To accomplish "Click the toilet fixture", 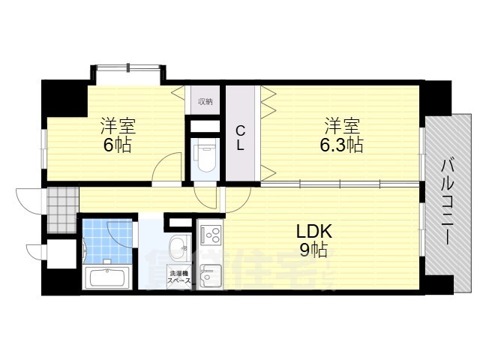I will tap(205, 157).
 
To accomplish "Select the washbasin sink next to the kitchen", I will tap(178, 247).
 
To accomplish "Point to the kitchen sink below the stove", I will tap(210, 274).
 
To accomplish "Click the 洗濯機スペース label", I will tap(179, 277).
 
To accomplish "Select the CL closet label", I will tap(241, 136).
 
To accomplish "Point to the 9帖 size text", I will tap(313, 250).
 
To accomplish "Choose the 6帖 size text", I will tap(118, 145).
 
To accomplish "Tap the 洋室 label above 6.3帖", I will tap(342, 124).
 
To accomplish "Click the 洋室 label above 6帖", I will tap(118, 124).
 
